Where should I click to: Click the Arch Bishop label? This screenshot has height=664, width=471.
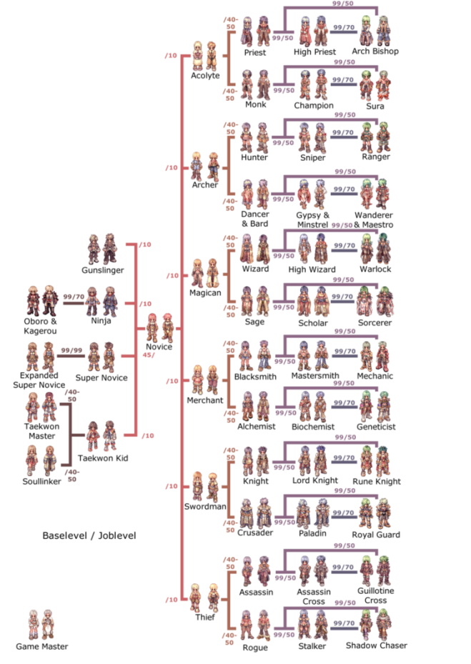click(375, 51)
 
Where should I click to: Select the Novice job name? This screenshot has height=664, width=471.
click(159, 347)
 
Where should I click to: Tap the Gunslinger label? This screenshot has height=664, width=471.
click(103, 270)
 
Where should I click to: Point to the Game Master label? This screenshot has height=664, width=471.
click(42, 647)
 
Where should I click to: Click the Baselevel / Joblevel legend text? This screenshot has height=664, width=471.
click(89, 535)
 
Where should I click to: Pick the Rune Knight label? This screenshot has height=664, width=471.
click(377, 482)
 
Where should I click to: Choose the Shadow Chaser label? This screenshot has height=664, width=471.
click(377, 646)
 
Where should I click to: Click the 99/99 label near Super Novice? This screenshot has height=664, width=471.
click(71, 351)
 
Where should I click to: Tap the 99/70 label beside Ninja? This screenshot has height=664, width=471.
click(74, 297)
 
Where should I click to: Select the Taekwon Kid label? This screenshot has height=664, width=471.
click(103, 458)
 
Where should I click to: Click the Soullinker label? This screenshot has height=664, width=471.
click(41, 482)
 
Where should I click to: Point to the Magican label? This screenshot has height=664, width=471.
click(205, 293)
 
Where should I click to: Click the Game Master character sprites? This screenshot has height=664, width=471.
click(41, 624)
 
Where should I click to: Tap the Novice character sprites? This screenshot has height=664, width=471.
click(159, 328)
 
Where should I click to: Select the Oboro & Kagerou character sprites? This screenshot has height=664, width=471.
click(41, 301)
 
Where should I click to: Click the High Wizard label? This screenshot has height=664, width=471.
click(312, 269)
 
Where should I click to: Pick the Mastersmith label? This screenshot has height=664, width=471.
click(315, 376)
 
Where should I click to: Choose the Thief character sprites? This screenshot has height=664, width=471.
click(204, 598)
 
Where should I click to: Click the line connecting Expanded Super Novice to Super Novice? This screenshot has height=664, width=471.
click(71, 356)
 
